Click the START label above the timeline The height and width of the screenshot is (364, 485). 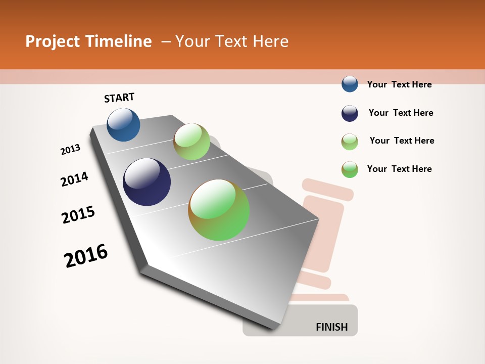(x=119, y=98)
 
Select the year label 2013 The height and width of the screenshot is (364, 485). (x=70, y=150)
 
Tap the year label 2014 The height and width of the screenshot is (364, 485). (x=74, y=179)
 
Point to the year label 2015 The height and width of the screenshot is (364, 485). (x=78, y=215)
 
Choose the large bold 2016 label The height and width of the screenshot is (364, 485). (x=86, y=256)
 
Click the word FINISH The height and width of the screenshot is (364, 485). (x=331, y=327)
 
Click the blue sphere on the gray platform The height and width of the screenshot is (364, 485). (x=123, y=124)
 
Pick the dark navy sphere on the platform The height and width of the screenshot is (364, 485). (x=147, y=182)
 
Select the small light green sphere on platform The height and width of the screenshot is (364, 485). (x=191, y=141)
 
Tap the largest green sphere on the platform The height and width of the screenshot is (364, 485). (x=219, y=210)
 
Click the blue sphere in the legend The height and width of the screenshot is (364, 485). (x=350, y=84)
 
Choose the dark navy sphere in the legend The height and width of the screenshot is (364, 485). (x=350, y=113)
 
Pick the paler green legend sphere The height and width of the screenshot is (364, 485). (x=350, y=142)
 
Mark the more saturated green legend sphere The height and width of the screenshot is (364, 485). (x=350, y=169)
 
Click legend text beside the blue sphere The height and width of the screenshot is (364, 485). (x=399, y=84)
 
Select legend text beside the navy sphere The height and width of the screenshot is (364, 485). (x=401, y=113)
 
